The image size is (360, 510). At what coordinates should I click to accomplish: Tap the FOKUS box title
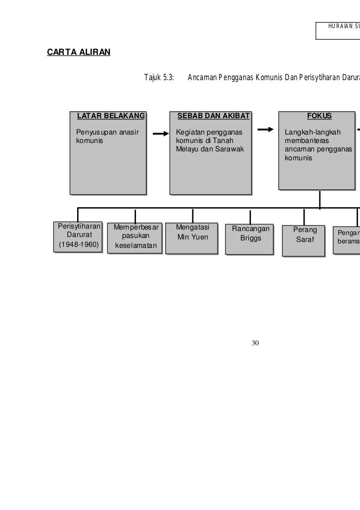(x=319, y=116)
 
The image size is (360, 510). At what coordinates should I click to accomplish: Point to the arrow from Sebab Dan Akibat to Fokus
(x=266, y=130)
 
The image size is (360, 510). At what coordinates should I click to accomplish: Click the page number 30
(x=255, y=343)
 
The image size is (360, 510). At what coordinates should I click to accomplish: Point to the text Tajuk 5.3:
(x=159, y=78)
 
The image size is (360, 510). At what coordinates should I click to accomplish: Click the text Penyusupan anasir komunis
(x=107, y=137)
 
